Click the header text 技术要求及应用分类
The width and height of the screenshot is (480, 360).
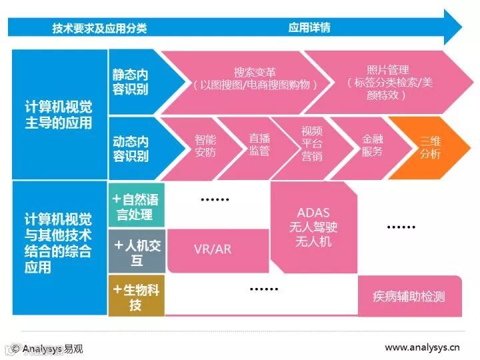coord(99,28)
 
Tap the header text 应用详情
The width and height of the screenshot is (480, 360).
coord(309,28)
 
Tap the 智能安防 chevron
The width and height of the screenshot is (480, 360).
coord(205,147)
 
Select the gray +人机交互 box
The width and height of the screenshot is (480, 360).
coord(136,251)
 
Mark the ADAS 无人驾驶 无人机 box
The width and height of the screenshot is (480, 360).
coord(313,227)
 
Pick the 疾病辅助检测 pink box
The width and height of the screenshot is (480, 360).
coord(409,296)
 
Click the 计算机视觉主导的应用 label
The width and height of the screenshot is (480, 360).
coord(59,114)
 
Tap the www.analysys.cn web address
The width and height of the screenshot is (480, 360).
coord(422,347)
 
